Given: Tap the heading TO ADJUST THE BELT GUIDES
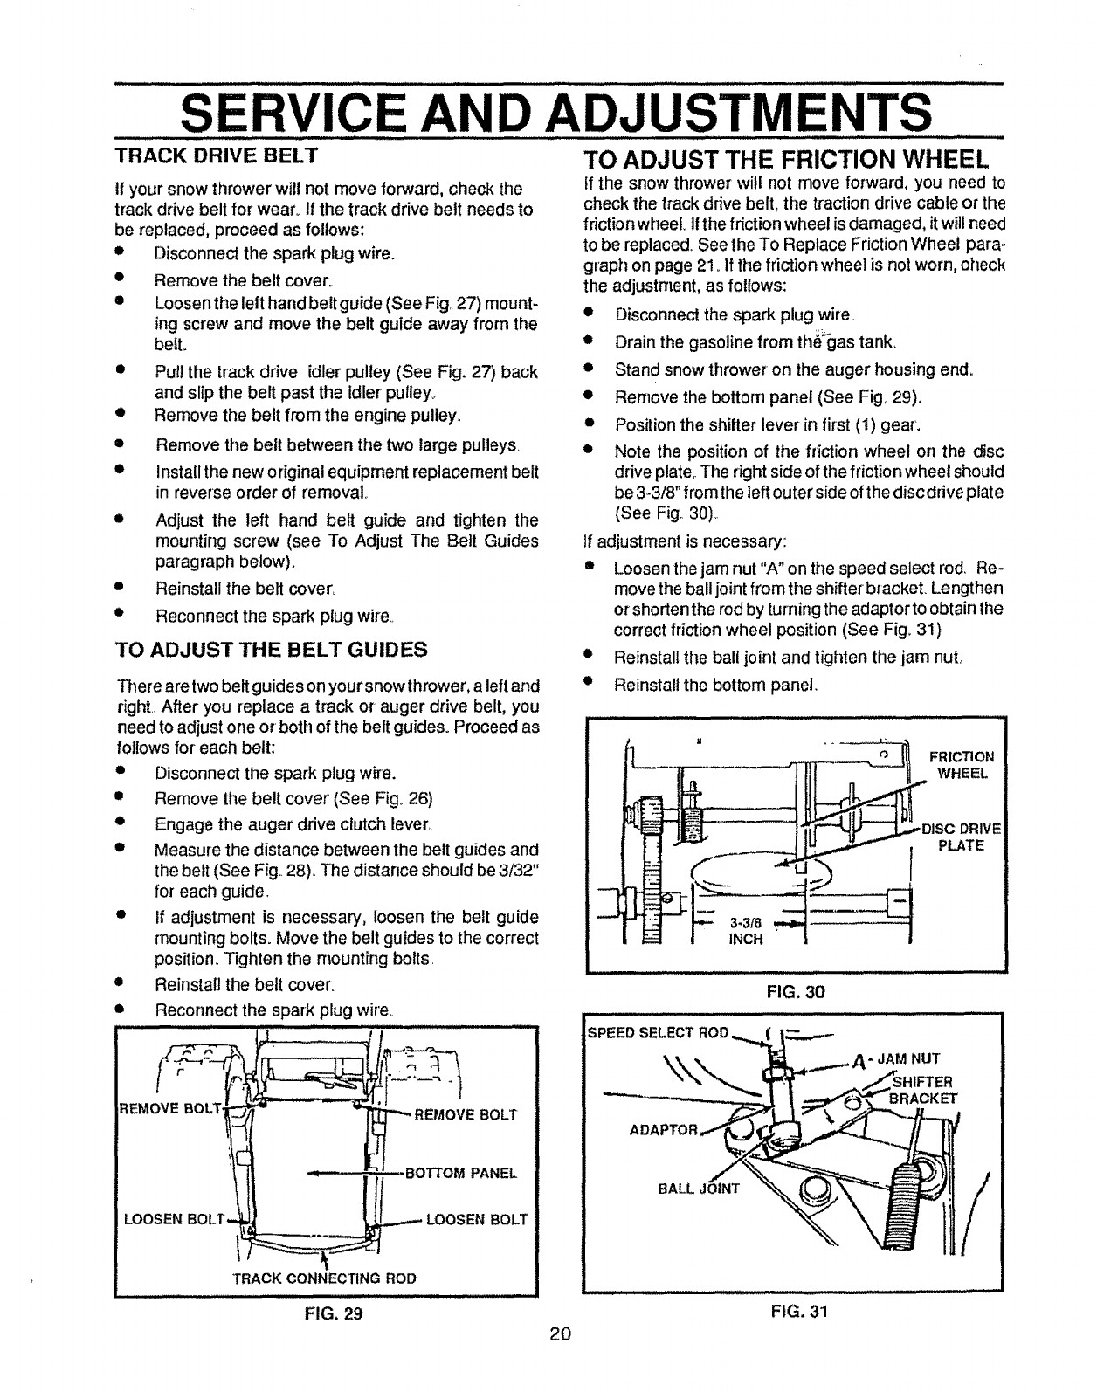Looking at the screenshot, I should [x=273, y=650].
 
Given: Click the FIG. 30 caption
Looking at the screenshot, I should [x=794, y=991].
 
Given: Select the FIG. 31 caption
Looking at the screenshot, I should [x=794, y=1310].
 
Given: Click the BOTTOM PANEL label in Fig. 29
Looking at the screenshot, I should [x=463, y=1173].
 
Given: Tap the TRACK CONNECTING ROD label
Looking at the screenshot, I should [x=324, y=1278].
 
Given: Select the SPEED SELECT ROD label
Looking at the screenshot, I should [x=657, y=1032].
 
